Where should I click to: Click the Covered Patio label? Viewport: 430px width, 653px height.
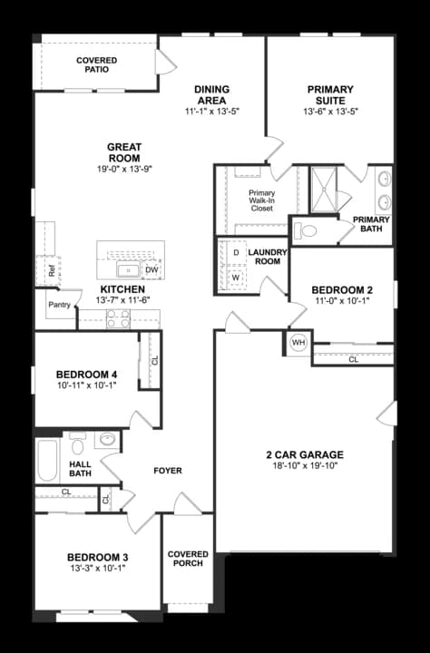pos(95,64)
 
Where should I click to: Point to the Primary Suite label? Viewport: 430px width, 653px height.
pos(330,90)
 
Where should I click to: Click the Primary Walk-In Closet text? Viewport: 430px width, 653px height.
pos(261,200)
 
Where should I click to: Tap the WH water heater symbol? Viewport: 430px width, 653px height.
pos(298,343)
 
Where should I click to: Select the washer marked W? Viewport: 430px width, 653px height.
pos(236,277)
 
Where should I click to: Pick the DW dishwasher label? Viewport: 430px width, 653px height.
pos(151,269)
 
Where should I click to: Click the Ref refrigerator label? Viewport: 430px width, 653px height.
pos(54,269)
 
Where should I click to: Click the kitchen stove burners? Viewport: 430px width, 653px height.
pos(119,318)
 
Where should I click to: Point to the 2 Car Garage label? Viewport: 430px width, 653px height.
pos(304,455)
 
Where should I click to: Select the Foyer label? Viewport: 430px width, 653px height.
pos(168,471)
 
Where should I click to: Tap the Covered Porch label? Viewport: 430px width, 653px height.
pos(188,558)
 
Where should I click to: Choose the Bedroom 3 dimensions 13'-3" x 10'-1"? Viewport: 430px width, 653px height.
pos(96,569)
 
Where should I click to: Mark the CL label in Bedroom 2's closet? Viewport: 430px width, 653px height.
pos(354,360)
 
